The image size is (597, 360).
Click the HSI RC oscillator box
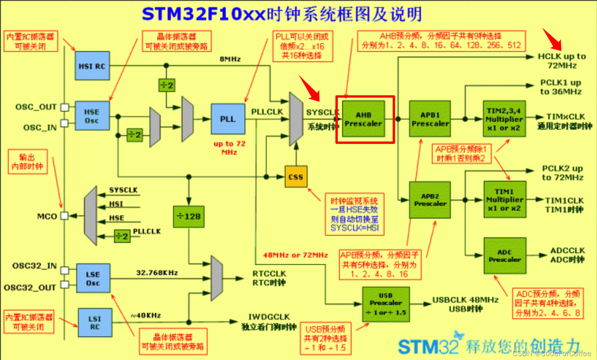tap(92, 66)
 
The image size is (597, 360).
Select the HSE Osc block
tap(92, 116)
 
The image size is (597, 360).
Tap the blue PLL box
tap(228, 119)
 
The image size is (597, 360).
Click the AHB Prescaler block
tap(363, 119)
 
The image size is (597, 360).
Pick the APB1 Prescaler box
tap(430, 119)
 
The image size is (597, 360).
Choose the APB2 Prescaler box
tap(430, 200)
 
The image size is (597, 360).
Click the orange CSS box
tap(296, 177)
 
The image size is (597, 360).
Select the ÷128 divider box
tap(189, 217)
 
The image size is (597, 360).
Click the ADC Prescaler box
tap(505, 255)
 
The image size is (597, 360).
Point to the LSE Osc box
tap(93, 279)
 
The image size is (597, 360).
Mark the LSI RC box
tap(95, 323)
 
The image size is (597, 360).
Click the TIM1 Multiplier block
tap(505, 200)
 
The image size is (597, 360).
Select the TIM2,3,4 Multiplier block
tap(504, 119)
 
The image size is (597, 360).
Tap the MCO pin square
tap(64, 216)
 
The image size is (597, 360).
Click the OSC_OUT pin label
tap(36, 107)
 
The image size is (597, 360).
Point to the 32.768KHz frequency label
tap(157, 272)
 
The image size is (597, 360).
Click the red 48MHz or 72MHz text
tap(295, 255)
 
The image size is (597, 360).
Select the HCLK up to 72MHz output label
tap(562, 61)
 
